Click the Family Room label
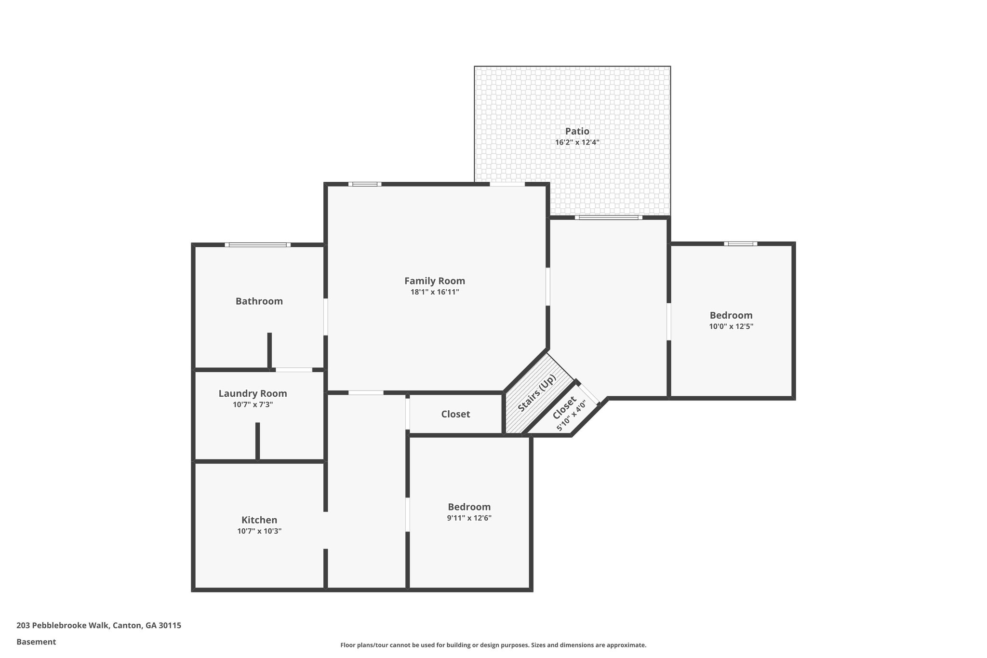(434, 281)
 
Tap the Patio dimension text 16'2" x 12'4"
(577, 142)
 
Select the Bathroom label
(259, 301)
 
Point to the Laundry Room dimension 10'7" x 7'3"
(253, 404)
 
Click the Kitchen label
(259, 520)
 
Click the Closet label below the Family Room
(455, 414)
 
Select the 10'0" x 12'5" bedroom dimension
(731, 326)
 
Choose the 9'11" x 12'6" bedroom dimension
(469, 518)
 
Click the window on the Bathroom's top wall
(257, 245)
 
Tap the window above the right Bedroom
(740, 243)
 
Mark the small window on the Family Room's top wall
(365, 184)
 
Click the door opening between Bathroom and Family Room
(326, 317)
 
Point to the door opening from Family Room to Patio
(507, 184)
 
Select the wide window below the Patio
(608, 217)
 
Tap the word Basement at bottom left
(36, 642)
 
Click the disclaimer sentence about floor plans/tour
(493, 645)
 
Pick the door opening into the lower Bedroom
(408, 514)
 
